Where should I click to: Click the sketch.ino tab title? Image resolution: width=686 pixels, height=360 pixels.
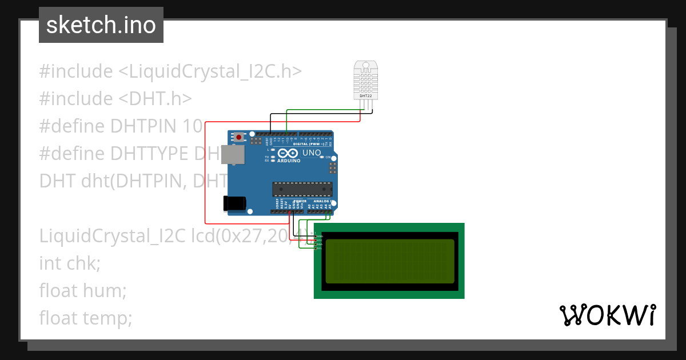(x=101, y=25)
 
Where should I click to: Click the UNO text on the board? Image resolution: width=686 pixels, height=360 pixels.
(x=311, y=153)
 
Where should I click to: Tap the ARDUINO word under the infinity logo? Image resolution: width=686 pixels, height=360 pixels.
(x=289, y=161)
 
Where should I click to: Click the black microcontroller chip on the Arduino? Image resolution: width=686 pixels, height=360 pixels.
(x=302, y=188)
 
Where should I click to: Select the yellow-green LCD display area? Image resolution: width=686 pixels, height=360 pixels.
(x=390, y=261)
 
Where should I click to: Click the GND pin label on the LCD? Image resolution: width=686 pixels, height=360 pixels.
(x=320, y=236)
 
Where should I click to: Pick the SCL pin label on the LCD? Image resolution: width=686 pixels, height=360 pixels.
(x=319, y=249)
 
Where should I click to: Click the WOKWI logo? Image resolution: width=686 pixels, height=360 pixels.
(x=607, y=315)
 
